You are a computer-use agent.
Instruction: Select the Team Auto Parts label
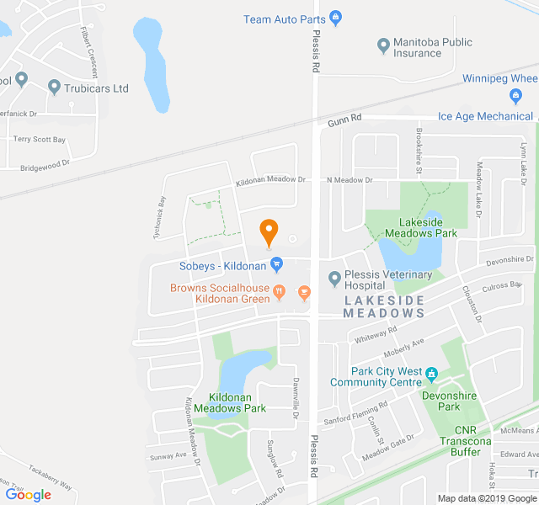(x=285, y=19)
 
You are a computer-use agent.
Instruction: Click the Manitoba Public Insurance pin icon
(x=383, y=45)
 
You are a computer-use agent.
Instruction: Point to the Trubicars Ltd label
(x=99, y=88)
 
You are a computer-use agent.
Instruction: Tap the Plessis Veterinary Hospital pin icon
(x=334, y=278)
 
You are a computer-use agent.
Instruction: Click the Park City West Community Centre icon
(x=431, y=372)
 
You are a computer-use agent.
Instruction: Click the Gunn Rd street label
(x=344, y=120)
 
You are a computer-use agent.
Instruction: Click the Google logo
(x=28, y=495)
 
